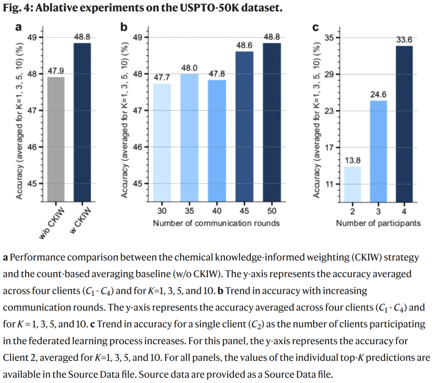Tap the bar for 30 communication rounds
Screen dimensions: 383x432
click(162, 142)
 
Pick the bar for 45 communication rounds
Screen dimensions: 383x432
click(244, 126)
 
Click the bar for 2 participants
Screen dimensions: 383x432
click(352, 184)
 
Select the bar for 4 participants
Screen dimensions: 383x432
click(404, 124)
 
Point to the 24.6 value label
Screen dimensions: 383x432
click(378, 95)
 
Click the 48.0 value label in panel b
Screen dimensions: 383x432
click(189, 68)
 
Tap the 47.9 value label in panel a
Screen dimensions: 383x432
click(56, 71)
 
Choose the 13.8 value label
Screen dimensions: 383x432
click(352, 161)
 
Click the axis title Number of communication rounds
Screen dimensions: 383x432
click(216, 223)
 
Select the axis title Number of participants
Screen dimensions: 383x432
click(378, 223)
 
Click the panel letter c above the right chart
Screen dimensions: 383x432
click(315, 27)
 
